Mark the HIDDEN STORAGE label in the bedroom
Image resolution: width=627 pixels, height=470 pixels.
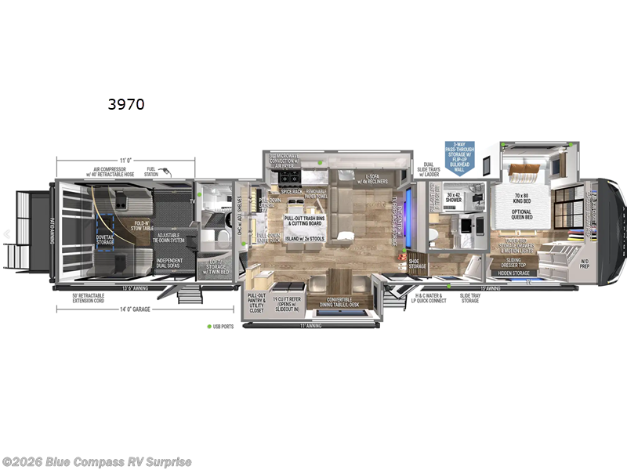(x=515, y=273)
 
